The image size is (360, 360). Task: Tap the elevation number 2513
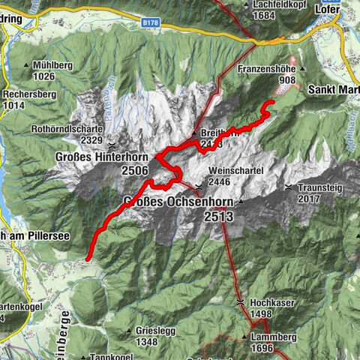click(217, 216)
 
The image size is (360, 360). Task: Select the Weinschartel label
click(236, 170)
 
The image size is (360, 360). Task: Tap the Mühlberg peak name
click(53, 65)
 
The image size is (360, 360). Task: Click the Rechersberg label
click(31, 95)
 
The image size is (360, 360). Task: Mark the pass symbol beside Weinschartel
click(199, 187)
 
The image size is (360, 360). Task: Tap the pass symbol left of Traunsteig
click(289, 186)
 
